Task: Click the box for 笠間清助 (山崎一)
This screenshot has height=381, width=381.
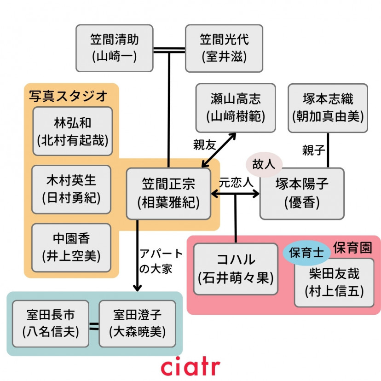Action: coord(114,48)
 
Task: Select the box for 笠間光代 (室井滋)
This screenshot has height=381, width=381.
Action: coord(224,48)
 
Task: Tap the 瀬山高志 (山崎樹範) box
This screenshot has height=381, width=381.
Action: coord(235,108)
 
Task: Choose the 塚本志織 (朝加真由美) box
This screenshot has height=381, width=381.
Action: coord(328,108)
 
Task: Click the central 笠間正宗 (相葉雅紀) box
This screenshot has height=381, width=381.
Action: coord(168,193)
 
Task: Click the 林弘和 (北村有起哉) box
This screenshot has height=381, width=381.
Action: coord(72,131)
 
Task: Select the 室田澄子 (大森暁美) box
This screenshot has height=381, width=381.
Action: coord(137,323)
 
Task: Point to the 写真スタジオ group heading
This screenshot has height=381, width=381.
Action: coord(68,96)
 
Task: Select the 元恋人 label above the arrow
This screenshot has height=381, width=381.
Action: coord(236,182)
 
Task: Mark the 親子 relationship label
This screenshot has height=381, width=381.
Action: coord(313,150)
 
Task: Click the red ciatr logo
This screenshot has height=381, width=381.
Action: coord(190,366)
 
